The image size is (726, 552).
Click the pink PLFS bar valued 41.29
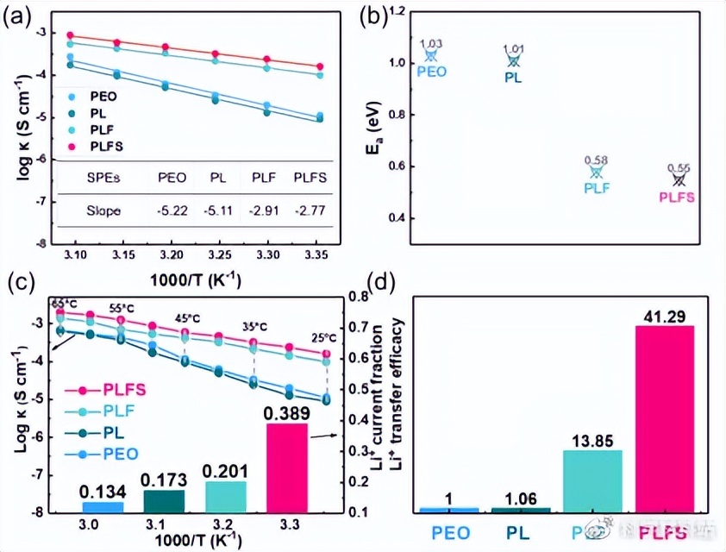664,418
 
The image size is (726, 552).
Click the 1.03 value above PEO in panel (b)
430,43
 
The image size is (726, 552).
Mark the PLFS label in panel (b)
677,197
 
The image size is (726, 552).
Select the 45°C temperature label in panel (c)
185,318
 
